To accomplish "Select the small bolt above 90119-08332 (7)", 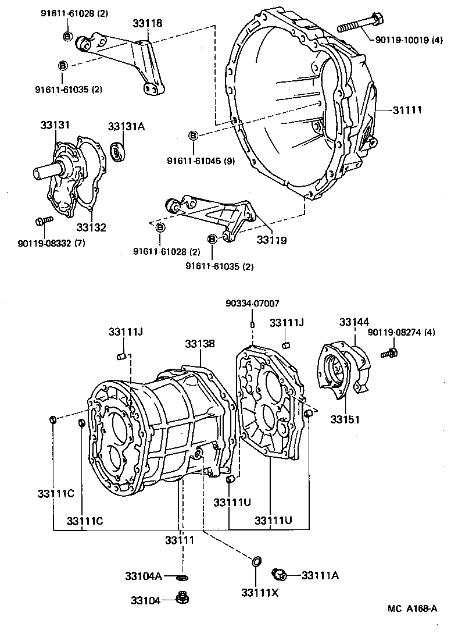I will pos(43,220).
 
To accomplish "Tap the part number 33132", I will pos(91,227).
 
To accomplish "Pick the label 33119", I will pos(272,239).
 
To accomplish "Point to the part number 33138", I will pos(200,344).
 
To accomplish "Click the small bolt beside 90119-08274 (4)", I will pos(390,352).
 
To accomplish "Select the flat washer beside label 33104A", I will pos(182,577).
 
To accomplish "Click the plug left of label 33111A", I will pos(280,575).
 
